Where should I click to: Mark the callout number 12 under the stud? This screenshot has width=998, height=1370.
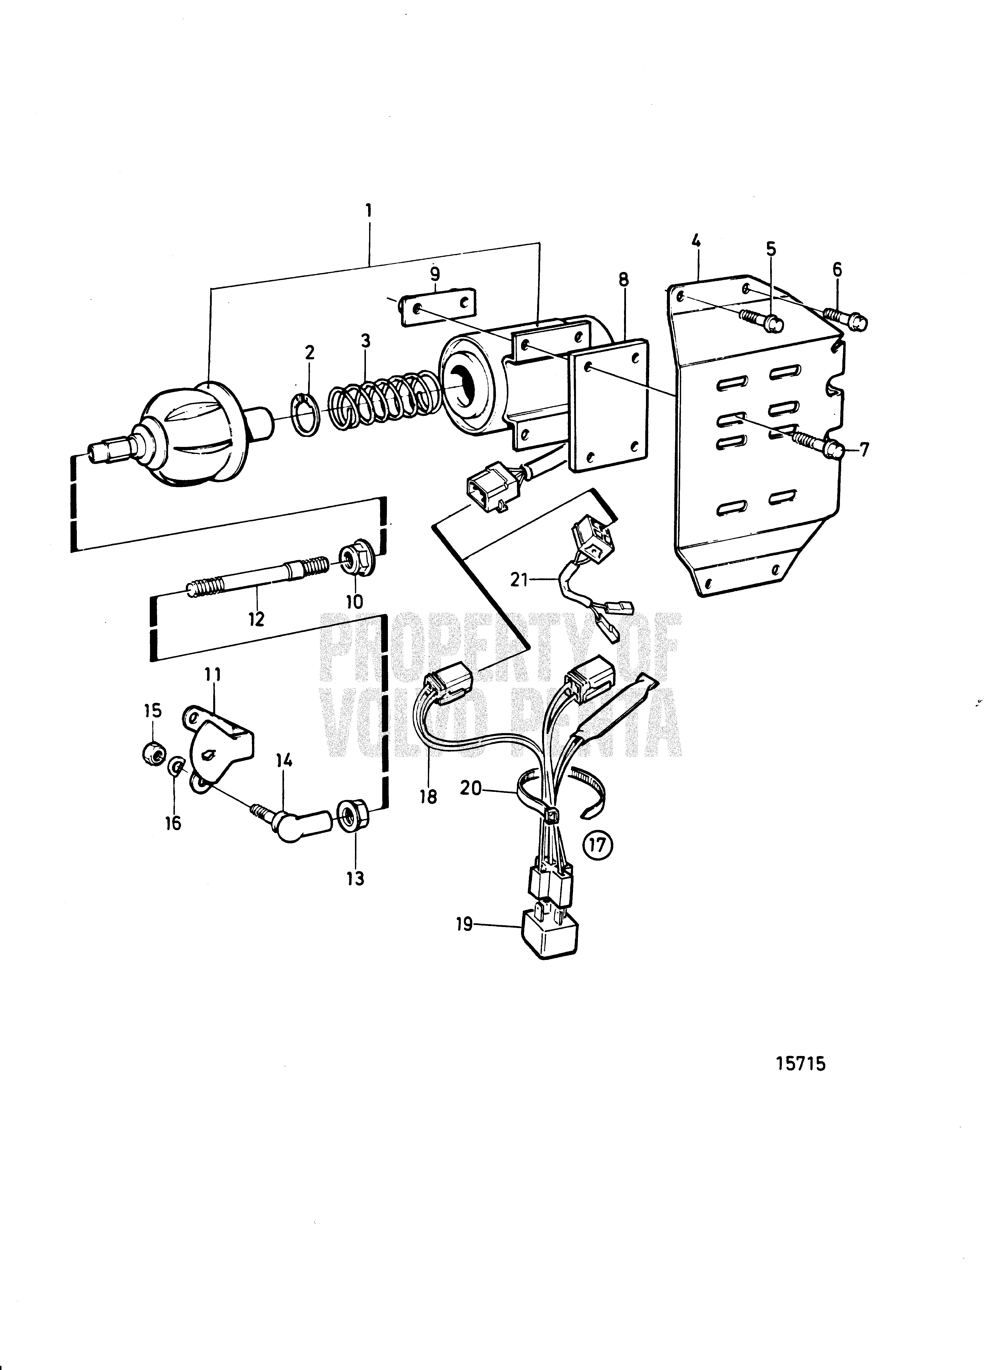tap(257, 619)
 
